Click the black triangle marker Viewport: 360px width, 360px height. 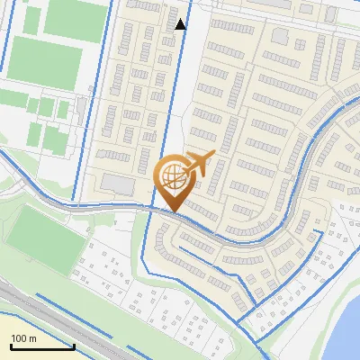pos(181,24)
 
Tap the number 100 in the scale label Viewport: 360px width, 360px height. pos(20,338)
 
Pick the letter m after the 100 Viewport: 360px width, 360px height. pos(32,339)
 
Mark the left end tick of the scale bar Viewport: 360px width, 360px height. pos(11,345)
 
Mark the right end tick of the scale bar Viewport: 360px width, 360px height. pos(74,345)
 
